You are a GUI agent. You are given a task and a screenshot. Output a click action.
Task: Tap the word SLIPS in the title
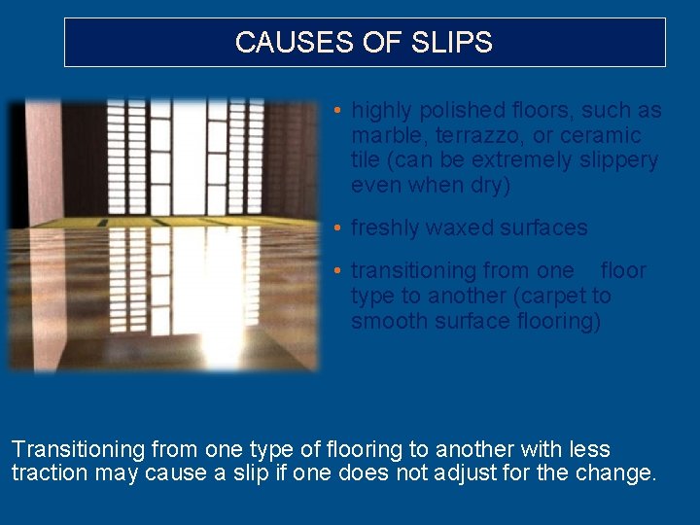[455, 43]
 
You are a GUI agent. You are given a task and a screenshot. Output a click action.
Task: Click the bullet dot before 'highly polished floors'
[335, 111]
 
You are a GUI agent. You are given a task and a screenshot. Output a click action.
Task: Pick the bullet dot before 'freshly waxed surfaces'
[335, 227]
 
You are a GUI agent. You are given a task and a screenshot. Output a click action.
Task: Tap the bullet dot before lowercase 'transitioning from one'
[335, 270]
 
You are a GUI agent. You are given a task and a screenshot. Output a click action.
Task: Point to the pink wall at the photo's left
[42, 160]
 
